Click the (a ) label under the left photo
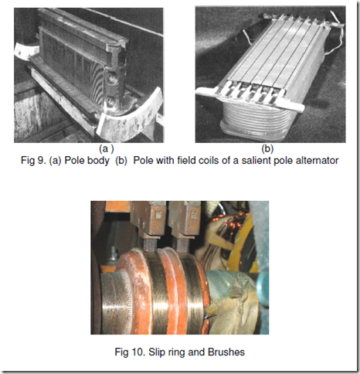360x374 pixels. [107, 149]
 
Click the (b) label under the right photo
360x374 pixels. [267, 149]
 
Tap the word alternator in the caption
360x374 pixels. [317, 161]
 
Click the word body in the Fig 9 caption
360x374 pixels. [99, 161]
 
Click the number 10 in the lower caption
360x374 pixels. [138, 352]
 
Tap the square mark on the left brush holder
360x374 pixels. [158, 214]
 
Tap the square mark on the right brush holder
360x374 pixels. [193, 214]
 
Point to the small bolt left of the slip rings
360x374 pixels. [113, 254]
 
